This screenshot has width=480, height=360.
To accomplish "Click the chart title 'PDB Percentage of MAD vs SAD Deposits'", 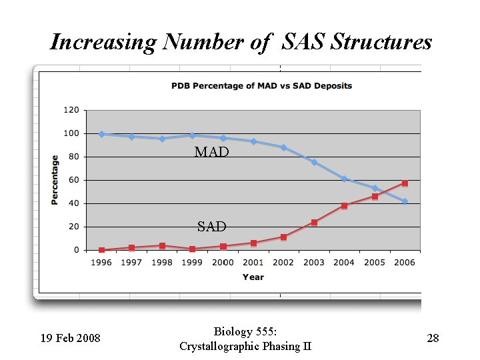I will click(x=261, y=86).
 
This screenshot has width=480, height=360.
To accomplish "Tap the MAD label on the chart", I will click(x=211, y=153).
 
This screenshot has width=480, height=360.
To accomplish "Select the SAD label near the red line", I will click(x=211, y=227).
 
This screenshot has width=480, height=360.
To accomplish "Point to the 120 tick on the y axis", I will click(x=71, y=109).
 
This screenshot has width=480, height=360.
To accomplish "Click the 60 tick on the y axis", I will click(x=73, y=180).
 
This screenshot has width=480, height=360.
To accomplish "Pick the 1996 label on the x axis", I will click(x=101, y=262).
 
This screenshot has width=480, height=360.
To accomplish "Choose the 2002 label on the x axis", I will click(x=283, y=262).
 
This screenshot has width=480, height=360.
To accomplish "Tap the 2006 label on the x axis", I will click(x=404, y=262).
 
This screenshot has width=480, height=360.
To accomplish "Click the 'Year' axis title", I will click(x=253, y=277).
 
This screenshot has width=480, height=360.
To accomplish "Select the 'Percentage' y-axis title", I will click(x=55, y=180).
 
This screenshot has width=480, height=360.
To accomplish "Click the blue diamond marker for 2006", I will click(x=405, y=201).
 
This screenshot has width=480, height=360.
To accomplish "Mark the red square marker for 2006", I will click(x=405, y=183).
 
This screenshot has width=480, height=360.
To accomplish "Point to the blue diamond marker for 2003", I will click(x=314, y=162).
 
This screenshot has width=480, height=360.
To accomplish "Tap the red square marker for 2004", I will click(x=344, y=206).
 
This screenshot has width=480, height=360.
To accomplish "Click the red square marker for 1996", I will click(x=101, y=250).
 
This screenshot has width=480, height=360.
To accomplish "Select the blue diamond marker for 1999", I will click(x=192, y=135).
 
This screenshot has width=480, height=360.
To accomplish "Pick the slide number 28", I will click(x=433, y=339).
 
